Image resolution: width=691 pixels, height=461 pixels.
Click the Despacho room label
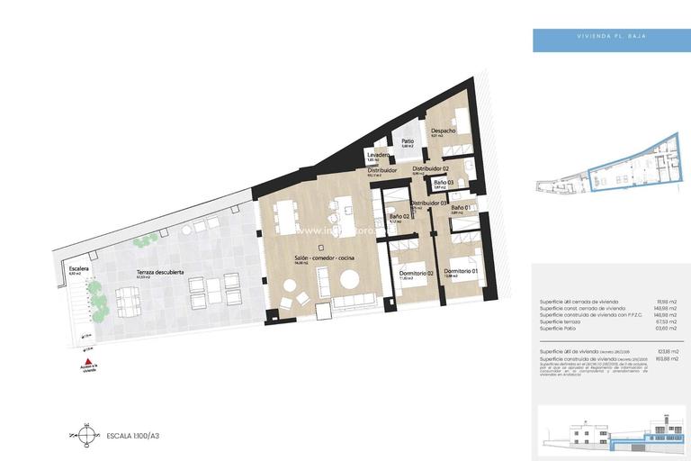point(444,131)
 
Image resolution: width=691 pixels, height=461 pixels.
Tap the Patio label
point(407,141)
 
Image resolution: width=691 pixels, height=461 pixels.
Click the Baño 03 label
point(443,183)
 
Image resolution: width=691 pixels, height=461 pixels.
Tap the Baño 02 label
point(400,217)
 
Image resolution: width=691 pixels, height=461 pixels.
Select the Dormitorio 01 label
point(460,271)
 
